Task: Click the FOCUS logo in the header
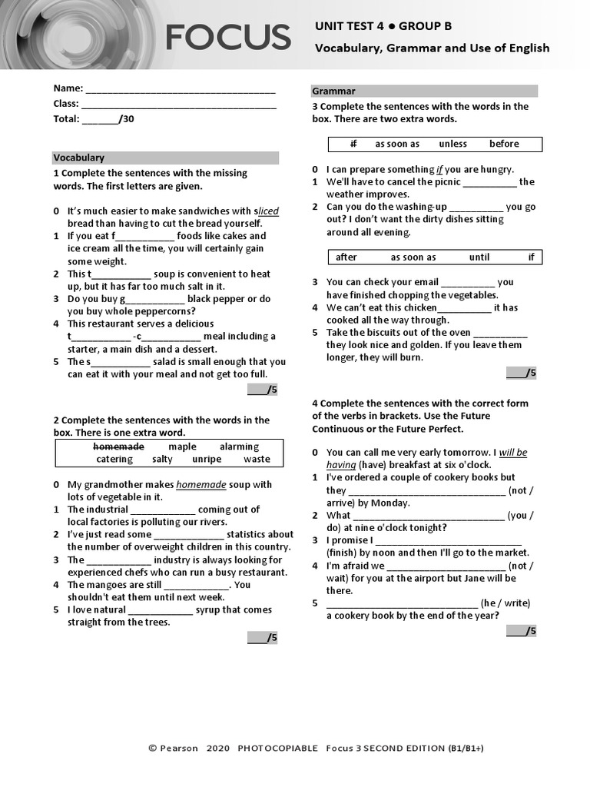(x=228, y=37)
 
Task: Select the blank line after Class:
(x=178, y=105)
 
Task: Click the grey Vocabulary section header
(x=165, y=158)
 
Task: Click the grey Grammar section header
(x=424, y=91)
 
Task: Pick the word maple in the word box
(x=182, y=447)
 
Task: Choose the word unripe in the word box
(x=207, y=460)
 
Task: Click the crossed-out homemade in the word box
(x=118, y=447)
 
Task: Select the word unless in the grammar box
(x=452, y=144)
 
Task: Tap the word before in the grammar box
(x=504, y=144)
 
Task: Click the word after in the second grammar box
(x=346, y=257)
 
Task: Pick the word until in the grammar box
(x=479, y=257)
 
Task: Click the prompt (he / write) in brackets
(x=505, y=603)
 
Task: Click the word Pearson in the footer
(x=179, y=748)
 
